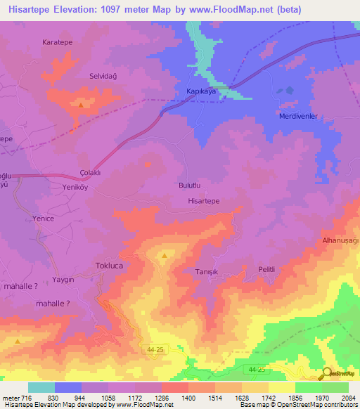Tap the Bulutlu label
coord(191,186)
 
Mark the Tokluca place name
coord(109,266)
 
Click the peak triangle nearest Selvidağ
coord(82,105)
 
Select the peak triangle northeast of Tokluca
coord(165,256)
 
